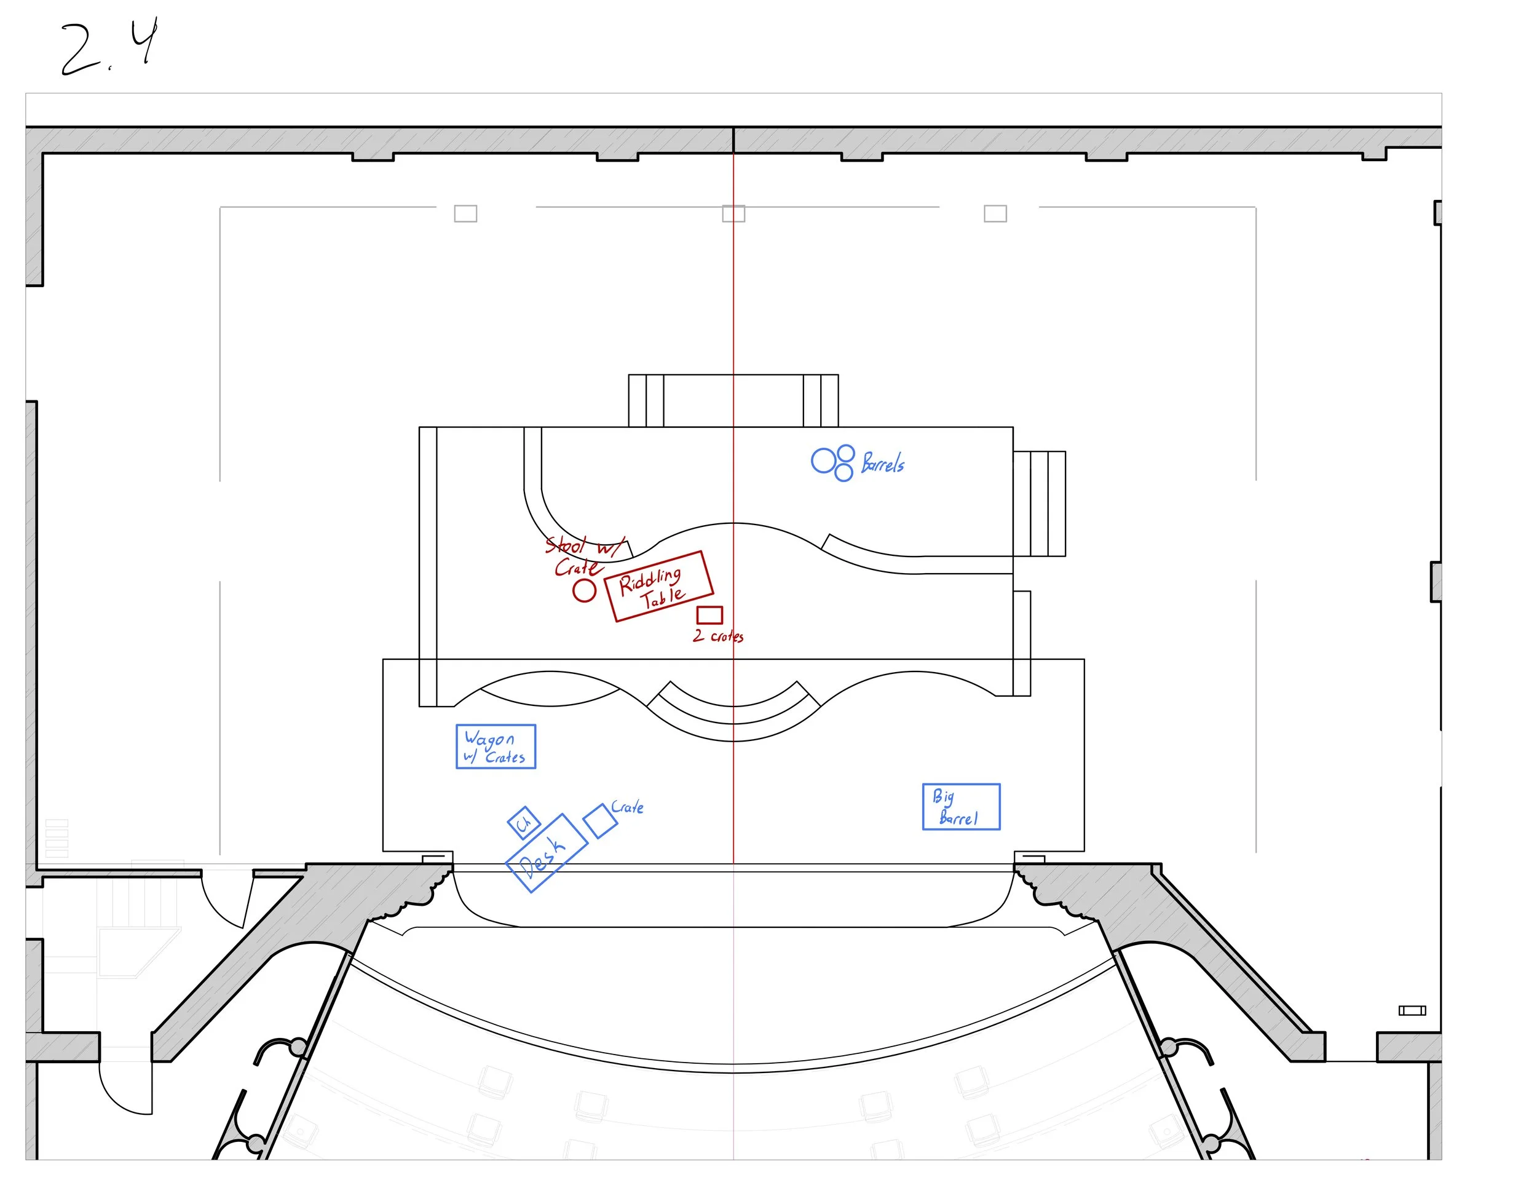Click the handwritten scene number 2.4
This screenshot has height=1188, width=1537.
point(109,48)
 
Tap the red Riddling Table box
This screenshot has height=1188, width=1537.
point(658,586)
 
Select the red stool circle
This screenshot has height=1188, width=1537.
point(583,590)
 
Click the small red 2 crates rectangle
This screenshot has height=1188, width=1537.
point(709,615)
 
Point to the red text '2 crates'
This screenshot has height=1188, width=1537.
point(718,636)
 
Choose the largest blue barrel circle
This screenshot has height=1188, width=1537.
point(823,462)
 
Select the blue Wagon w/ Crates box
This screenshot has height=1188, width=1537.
point(496,746)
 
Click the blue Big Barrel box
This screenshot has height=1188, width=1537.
point(960,807)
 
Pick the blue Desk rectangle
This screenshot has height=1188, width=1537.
point(547,853)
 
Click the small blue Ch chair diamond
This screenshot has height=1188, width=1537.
point(524,823)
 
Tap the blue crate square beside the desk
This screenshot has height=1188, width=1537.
point(600,822)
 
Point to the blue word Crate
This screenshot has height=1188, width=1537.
point(627,807)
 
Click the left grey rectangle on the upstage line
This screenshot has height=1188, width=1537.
point(465,213)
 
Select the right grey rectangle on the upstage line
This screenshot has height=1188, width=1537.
point(995,213)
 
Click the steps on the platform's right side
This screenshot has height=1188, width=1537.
point(1040,504)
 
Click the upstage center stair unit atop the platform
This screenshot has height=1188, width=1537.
point(733,400)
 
